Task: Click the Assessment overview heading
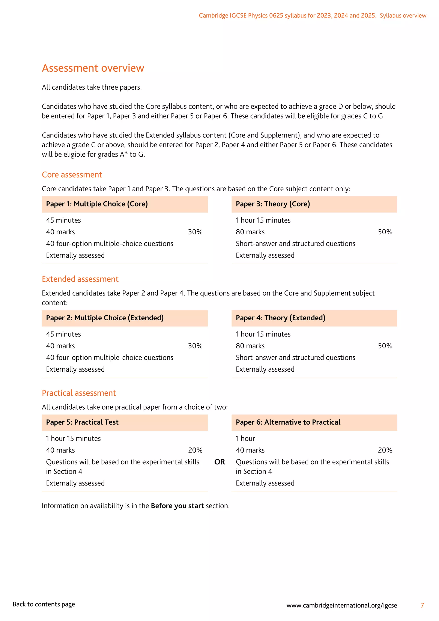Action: (x=93, y=68)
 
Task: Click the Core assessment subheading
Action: (x=72, y=175)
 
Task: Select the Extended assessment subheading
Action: (x=80, y=279)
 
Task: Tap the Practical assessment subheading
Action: (x=79, y=393)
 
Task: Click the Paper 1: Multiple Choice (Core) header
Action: (x=97, y=204)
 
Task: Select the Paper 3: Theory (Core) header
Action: (x=273, y=204)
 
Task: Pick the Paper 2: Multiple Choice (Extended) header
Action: (x=105, y=318)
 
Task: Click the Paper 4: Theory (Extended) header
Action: (x=280, y=318)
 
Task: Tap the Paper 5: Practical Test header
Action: (x=82, y=422)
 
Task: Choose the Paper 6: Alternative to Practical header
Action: (x=288, y=422)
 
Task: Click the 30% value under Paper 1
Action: (x=195, y=232)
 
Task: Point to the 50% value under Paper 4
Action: (x=385, y=346)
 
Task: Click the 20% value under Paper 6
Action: (x=385, y=450)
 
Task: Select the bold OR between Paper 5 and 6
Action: (x=219, y=462)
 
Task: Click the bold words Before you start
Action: (x=177, y=506)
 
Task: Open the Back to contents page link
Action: (x=44, y=604)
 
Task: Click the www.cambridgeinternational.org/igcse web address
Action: (x=342, y=605)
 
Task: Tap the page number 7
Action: (x=422, y=606)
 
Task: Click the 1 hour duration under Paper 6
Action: (x=245, y=439)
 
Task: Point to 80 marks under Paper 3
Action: (x=250, y=232)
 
